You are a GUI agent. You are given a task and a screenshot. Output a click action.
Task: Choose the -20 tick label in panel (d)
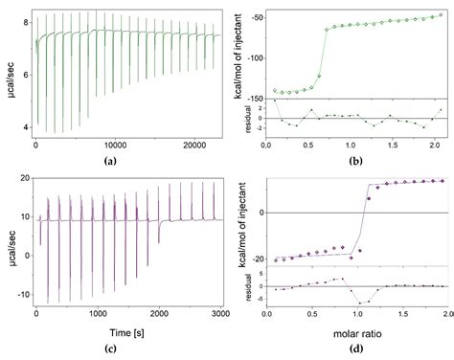252,258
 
